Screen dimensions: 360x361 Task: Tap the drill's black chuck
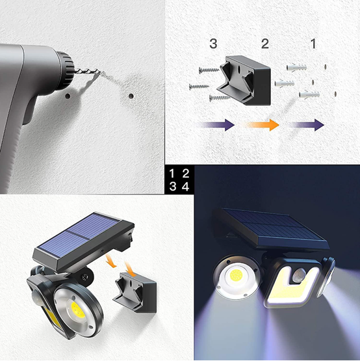(66, 67)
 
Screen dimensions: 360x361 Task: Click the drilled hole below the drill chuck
(68, 96)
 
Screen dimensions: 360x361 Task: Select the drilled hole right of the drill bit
(131, 96)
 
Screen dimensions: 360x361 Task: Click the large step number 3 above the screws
(213, 44)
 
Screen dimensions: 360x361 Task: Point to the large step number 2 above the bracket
(265, 44)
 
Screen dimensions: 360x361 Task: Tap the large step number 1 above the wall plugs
(313, 44)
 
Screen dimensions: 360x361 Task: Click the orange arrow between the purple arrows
(261, 125)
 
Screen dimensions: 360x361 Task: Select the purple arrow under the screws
(215, 125)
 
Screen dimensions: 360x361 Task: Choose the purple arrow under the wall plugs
(305, 125)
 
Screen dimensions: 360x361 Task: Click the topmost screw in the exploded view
(209, 70)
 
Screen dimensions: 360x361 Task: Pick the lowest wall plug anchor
(309, 94)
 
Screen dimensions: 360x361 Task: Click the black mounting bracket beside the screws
(244, 81)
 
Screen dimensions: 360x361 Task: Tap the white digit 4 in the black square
(186, 187)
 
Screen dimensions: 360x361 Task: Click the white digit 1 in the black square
(172, 174)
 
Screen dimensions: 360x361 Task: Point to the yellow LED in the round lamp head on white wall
(78, 309)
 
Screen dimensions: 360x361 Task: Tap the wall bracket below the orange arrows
(135, 293)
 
